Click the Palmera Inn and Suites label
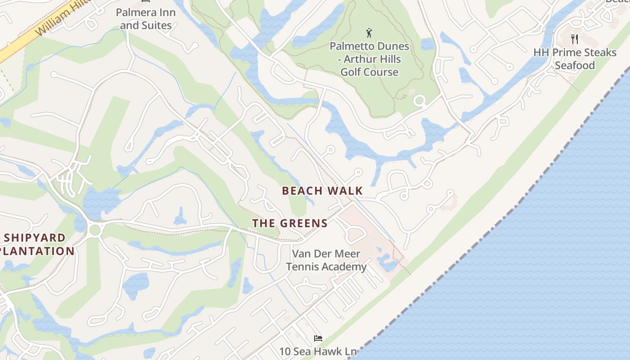[x=146, y=19]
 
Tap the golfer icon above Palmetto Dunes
[x=369, y=33]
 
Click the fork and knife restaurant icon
[x=574, y=39]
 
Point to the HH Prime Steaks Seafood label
[x=575, y=59]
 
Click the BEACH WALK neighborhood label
[x=322, y=191]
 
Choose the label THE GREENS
[x=290, y=223]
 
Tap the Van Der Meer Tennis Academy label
[x=326, y=260]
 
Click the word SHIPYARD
[x=35, y=238]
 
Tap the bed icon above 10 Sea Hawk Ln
[x=318, y=338]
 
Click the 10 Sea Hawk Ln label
[x=318, y=351]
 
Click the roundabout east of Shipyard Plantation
[x=94, y=230]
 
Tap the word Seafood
[x=575, y=66]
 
